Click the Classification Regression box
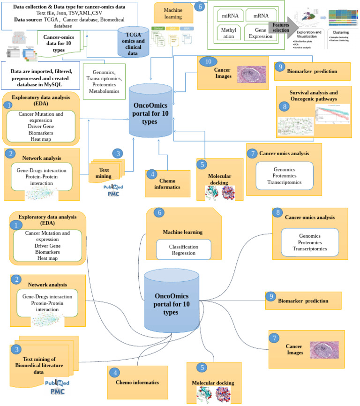tap(183, 250)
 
